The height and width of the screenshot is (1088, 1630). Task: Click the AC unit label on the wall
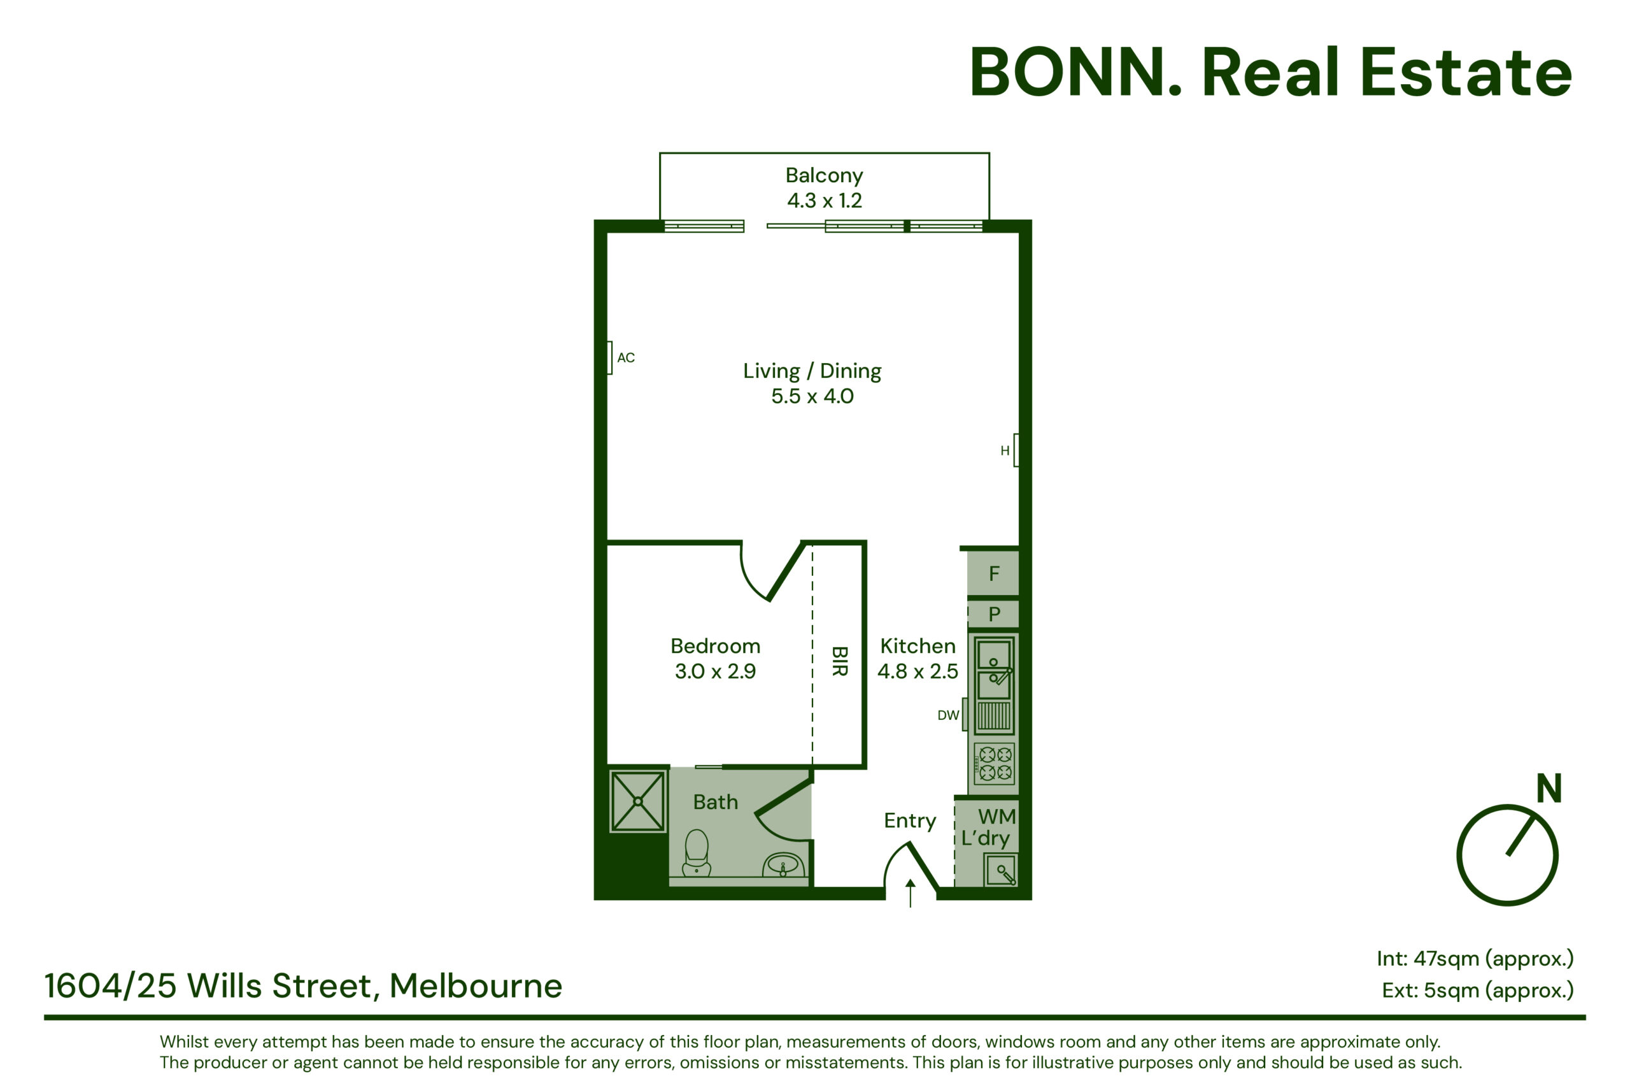pos(626,357)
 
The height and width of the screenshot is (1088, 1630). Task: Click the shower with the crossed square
pos(637,801)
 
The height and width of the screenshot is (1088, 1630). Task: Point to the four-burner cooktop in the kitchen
pos(994,764)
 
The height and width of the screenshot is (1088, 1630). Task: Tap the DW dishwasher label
pos(947,715)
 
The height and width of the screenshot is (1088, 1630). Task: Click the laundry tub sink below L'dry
pos(1001,870)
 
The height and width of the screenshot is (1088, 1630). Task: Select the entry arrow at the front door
pos(911,893)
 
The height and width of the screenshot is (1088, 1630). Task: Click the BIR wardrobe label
pos(839,661)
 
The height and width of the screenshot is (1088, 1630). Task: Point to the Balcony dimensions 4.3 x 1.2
pos(824,201)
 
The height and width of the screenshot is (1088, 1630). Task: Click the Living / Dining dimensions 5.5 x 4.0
pos(812,396)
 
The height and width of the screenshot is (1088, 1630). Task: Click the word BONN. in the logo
pos(1075,73)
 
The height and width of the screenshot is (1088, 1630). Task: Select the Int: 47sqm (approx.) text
pos(1475,959)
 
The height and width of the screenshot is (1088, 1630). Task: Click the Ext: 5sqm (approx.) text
pos(1478,990)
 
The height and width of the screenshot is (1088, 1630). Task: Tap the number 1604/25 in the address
pos(111,986)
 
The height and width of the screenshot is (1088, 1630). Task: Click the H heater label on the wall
pos(1004,451)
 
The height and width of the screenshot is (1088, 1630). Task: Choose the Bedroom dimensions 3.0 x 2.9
pos(715,671)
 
